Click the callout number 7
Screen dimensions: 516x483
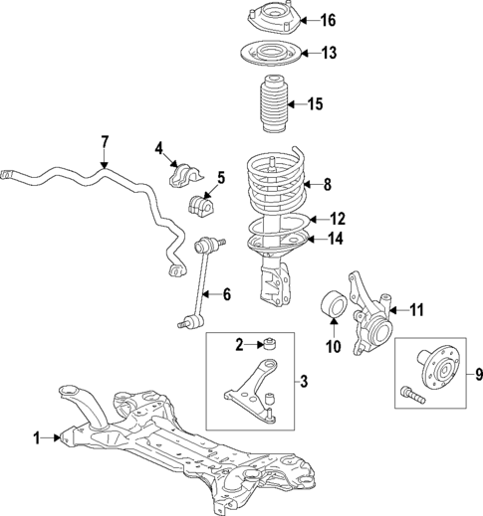coord(104,142)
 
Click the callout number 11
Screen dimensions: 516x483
coord(417,309)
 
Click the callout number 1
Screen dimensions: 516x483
coord(38,437)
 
